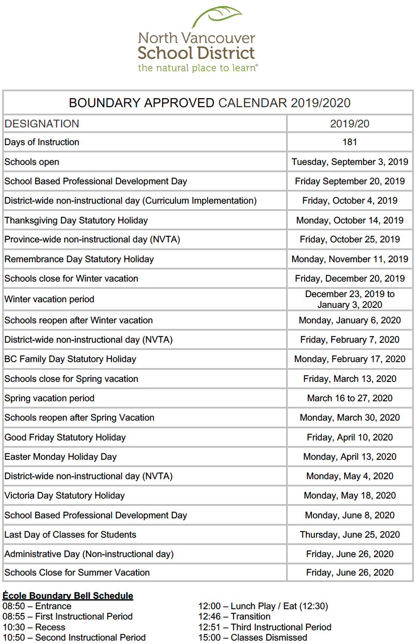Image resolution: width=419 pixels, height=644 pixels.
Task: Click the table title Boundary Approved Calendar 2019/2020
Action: pos(209,103)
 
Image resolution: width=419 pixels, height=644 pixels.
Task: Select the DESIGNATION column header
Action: pos(42,124)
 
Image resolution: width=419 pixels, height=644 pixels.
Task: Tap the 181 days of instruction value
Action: pos(349,142)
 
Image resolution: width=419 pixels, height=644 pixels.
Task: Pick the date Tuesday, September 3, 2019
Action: pos(349,162)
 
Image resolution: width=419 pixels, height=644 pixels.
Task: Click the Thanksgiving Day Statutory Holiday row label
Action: pos(76,220)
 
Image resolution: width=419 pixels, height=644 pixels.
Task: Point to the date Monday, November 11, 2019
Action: pos(349,259)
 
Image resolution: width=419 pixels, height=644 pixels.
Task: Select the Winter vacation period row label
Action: pos(49,299)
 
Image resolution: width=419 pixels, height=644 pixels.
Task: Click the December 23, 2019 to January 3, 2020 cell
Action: pos(349,299)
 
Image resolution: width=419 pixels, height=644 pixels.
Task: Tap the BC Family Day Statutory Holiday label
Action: pos(70,359)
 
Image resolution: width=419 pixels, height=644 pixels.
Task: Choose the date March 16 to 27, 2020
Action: pos(349,398)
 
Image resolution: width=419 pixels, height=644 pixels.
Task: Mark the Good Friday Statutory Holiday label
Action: pos(65,437)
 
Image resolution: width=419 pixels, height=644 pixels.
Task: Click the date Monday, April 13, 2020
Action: pos(349,457)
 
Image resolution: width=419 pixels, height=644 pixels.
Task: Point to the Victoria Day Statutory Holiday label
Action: pos(65,495)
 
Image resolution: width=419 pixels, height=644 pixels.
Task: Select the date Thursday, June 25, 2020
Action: pos(349,535)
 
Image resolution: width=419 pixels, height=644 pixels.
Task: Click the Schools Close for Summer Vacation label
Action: pos(77,573)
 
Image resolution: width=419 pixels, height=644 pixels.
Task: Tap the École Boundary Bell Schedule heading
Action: pos(68,596)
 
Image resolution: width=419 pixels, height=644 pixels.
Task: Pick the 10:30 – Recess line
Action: pos(34,627)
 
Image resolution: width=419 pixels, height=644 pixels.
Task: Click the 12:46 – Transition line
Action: pos(234,616)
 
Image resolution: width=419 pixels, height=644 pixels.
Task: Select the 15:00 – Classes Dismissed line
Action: pos(253,638)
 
